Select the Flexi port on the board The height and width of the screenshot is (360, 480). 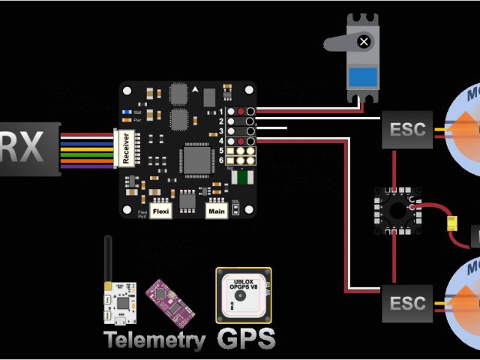click(161, 211)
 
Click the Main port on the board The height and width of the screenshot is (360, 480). click(217, 211)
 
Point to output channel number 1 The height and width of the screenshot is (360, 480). click(221, 111)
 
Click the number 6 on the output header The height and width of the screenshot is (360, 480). click(221, 160)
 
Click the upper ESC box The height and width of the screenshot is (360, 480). click(407, 128)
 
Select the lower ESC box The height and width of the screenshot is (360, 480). click(407, 303)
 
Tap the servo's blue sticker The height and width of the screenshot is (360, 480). click(363, 76)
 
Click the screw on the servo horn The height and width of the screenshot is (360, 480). click(364, 42)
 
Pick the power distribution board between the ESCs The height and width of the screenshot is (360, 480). click(394, 209)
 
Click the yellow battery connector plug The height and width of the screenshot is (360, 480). click(452, 223)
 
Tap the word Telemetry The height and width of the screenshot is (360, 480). click(154, 340)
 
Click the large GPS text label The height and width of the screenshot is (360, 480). click(246, 337)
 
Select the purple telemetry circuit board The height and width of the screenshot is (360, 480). click(170, 300)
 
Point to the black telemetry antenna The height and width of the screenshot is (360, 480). click(108, 259)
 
